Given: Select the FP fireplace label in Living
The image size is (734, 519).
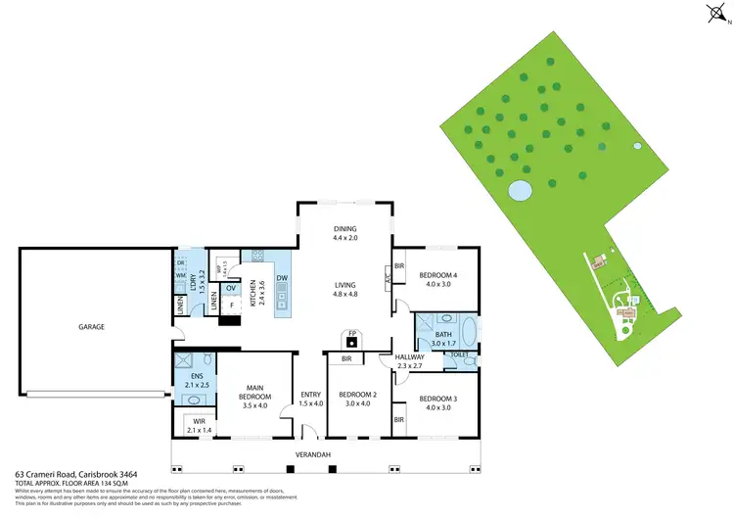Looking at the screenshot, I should (x=351, y=333).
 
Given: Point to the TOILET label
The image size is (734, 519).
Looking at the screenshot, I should (x=460, y=354).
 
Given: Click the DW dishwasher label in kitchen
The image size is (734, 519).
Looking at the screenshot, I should (x=281, y=278).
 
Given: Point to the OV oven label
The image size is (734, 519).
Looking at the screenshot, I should (x=231, y=288).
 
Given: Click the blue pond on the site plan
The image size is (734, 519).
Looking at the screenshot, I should (x=520, y=189).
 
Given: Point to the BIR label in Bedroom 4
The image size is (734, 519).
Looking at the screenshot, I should (x=399, y=264).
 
